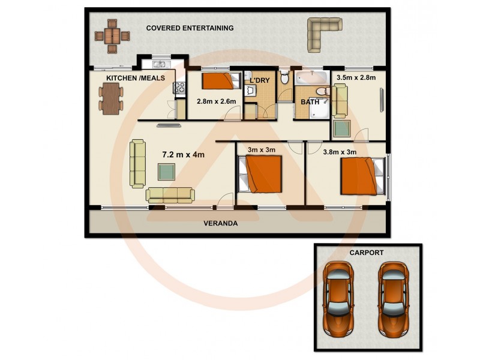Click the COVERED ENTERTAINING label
coord(190,28)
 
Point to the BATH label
coord(310,102)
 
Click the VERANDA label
coord(220,223)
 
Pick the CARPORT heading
coord(366,253)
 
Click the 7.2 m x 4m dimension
coord(184,154)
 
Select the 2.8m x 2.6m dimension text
coord(216,101)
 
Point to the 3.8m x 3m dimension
coord(340,152)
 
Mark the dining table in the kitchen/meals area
coord(111,98)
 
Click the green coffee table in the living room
coord(167,172)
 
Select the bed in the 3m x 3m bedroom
coord(261,174)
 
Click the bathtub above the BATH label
coord(312,77)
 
